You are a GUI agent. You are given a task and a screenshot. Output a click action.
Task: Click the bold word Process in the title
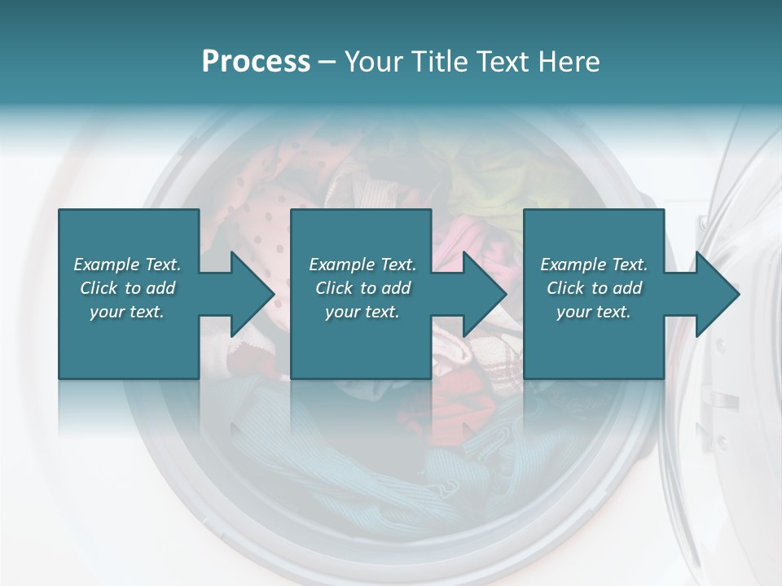pyautogui.click(x=256, y=62)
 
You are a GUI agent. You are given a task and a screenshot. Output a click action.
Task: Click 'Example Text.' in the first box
pyautogui.click(x=127, y=265)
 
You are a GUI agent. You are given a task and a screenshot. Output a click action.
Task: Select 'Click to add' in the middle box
pyautogui.click(x=362, y=288)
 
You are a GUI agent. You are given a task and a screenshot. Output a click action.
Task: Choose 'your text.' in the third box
pyautogui.click(x=594, y=312)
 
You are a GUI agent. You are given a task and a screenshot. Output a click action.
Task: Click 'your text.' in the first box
pyautogui.click(x=127, y=312)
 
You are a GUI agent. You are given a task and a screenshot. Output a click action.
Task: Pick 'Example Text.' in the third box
pyautogui.click(x=594, y=265)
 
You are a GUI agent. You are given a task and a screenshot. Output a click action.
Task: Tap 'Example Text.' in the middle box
pyautogui.click(x=362, y=265)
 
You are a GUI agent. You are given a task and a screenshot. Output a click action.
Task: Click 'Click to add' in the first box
pyautogui.click(x=127, y=288)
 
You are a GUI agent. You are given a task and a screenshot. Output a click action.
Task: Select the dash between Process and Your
pyautogui.click(x=327, y=63)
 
